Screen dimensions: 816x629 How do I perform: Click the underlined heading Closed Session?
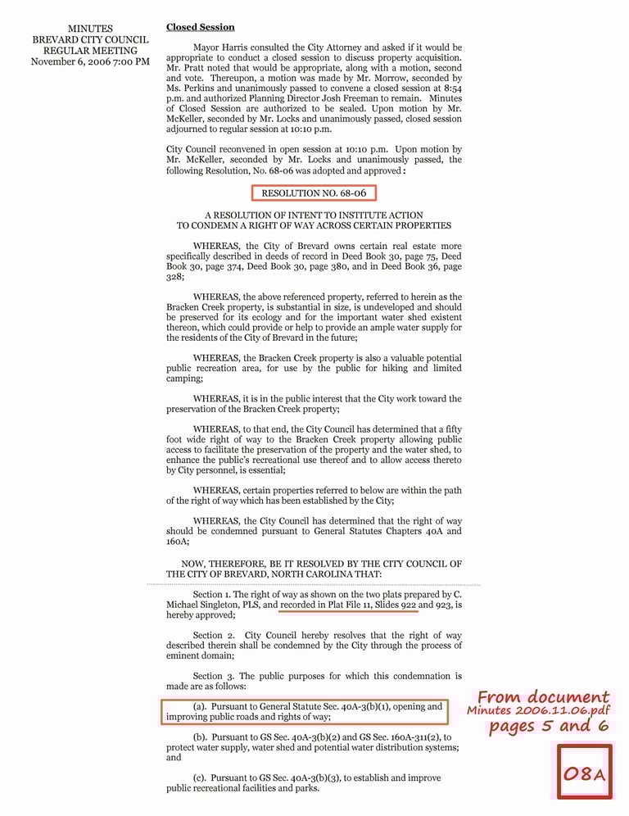point(200,27)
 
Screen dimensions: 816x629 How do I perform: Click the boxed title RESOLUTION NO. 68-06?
point(314,193)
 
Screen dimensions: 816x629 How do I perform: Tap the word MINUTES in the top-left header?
point(90,29)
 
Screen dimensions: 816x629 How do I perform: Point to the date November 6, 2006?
point(72,61)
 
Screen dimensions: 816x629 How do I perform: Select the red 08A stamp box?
point(585,772)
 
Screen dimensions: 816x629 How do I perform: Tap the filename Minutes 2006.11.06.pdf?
point(539,710)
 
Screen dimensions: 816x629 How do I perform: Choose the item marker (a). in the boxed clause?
point(200,706)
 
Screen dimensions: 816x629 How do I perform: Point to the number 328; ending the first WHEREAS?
point(175,277)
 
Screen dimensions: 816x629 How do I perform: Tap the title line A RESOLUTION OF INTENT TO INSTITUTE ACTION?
point(314,215)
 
